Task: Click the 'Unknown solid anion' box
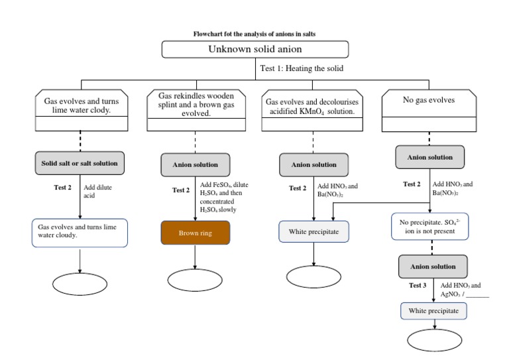[x=254, y=50]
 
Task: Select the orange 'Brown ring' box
[x=196, y=233]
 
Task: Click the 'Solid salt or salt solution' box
[x=80, y=162]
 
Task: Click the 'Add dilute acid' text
[x=97, y=192]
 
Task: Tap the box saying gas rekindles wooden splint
[x=196, y=105]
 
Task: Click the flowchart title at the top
[x=254, y=33]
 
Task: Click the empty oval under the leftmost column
[x=80, y=284]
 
